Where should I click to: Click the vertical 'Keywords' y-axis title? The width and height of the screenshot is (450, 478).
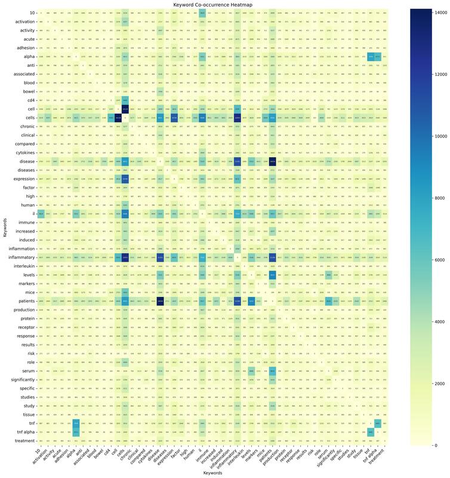pyautogui.click(x=5, y=226)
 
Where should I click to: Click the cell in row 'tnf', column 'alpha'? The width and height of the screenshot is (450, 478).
pyautogui.click(x=76, y=422)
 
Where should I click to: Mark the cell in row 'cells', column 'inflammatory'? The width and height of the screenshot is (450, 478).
pyautogui.click(x=238, y=118)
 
